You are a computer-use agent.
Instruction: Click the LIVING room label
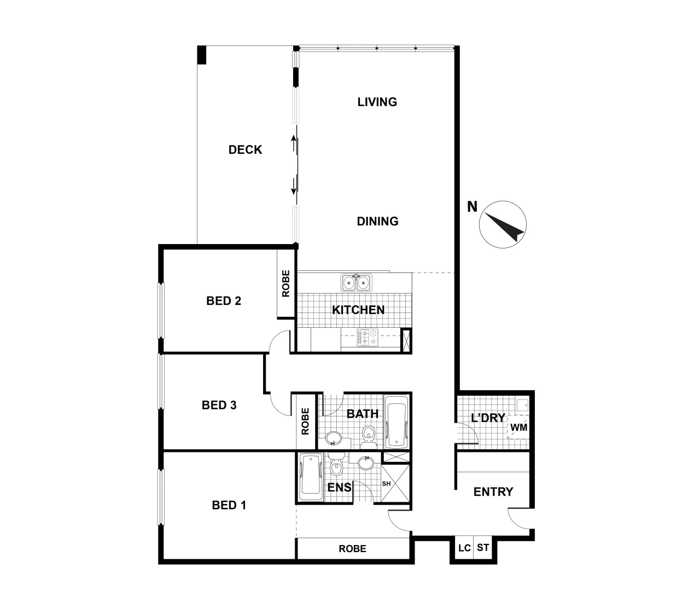click(x=377, y=102)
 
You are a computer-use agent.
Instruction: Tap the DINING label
click(x=377, y=221)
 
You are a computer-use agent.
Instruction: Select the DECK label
click(x=245, y=149)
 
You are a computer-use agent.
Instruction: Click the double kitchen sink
click(x=357, y=282)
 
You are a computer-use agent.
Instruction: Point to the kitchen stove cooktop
click(x=368, y=337)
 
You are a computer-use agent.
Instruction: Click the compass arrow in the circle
click(x=503, y=225)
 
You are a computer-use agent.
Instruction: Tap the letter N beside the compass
click(x=472, y=207)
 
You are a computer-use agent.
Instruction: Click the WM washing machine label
click(x=519, y=427)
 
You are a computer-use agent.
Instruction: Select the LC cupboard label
click(x=464, y=548)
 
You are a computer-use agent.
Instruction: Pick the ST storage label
click(x=482, y=548)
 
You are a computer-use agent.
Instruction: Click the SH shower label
click(x=386, y=484)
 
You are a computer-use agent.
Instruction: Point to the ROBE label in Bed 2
click(x=286, y=283)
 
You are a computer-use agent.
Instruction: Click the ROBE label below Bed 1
click(x=352, y=548)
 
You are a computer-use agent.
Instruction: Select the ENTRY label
click(x=493, y=491)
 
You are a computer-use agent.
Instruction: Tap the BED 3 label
click(x=219, y=405)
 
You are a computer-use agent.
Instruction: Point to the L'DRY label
click(x=488, y=418)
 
